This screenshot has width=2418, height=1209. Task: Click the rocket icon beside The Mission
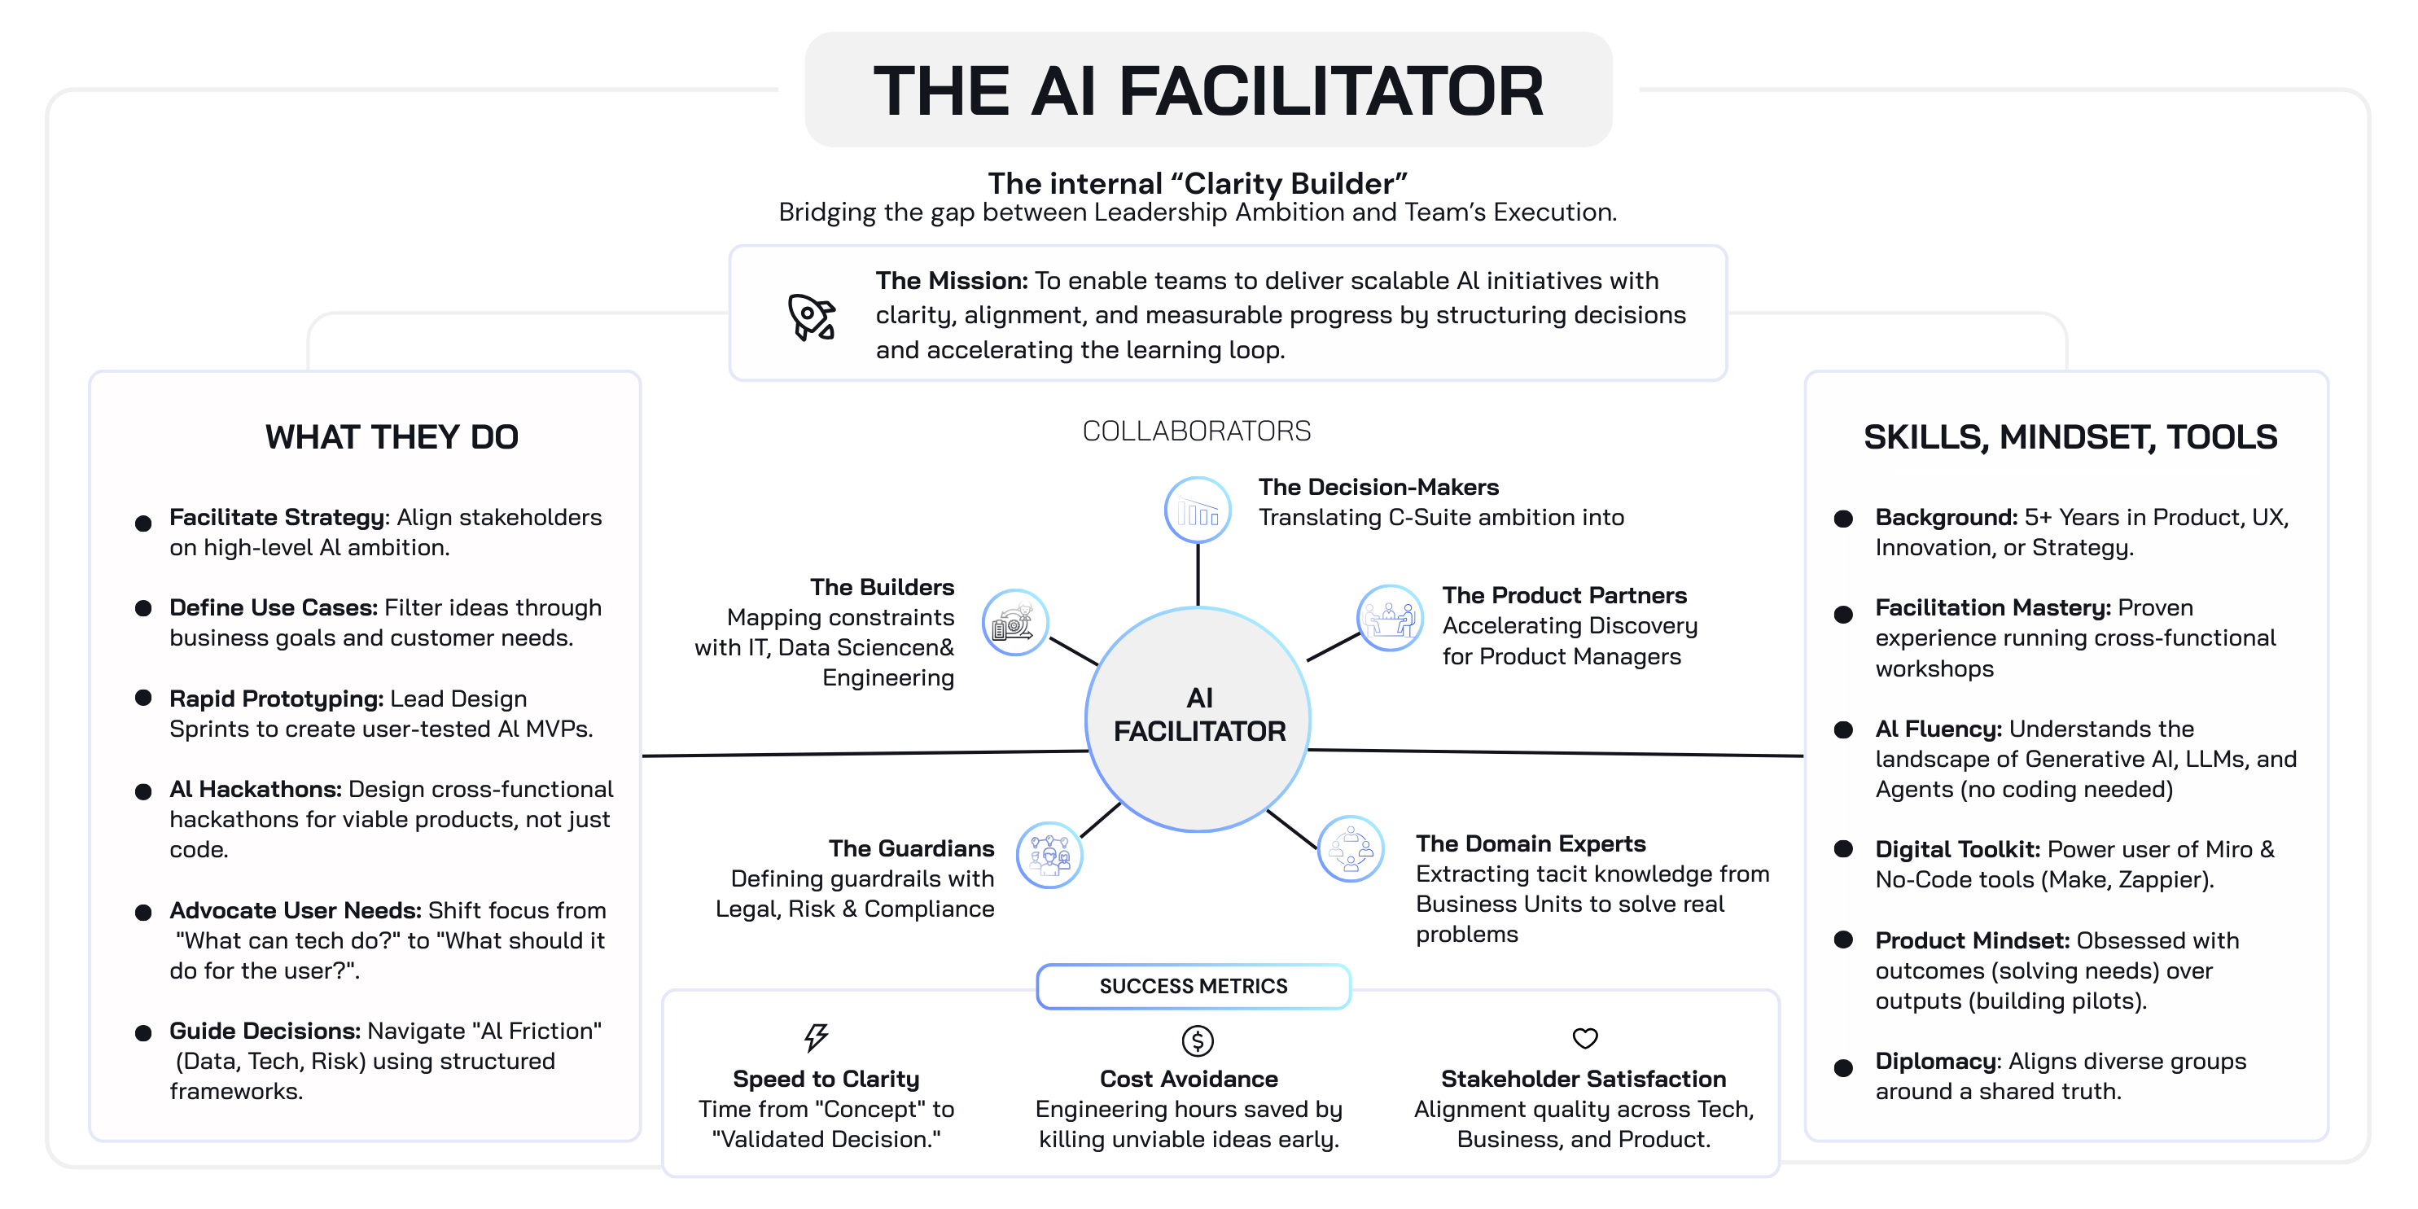click(811, 318)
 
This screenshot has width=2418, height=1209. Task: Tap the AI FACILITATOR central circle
click(1198, 718)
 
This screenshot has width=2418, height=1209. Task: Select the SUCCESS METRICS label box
click(1193, 986)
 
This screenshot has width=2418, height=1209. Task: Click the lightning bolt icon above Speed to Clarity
click(816, 1036)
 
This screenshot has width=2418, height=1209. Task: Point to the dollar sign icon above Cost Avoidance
click(1197, 1040)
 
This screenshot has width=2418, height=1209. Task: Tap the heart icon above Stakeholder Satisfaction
click(1584, 1038)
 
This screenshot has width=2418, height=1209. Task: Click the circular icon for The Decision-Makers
click(1197, 510)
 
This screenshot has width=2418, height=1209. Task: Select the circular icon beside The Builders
click(1014, 622)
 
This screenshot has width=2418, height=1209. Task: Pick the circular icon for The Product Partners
click(1389, 618)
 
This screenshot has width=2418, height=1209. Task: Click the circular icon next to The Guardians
click(1049, 854)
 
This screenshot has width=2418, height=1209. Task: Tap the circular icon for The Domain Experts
click(1351, 848)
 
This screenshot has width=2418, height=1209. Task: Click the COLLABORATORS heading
click(1196, 431)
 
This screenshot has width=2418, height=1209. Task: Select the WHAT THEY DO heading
click(392, 437)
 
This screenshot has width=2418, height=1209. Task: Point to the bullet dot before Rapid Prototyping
click(143, 698)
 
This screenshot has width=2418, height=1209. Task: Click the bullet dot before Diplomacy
click(1842, 1067)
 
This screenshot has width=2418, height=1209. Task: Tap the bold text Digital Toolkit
click(1957, 849)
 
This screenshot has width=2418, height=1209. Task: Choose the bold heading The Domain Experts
click(1530, 844)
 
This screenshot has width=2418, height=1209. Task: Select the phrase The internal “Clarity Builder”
click(1197, 183)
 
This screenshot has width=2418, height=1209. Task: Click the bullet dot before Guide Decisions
click(143, 1033)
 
